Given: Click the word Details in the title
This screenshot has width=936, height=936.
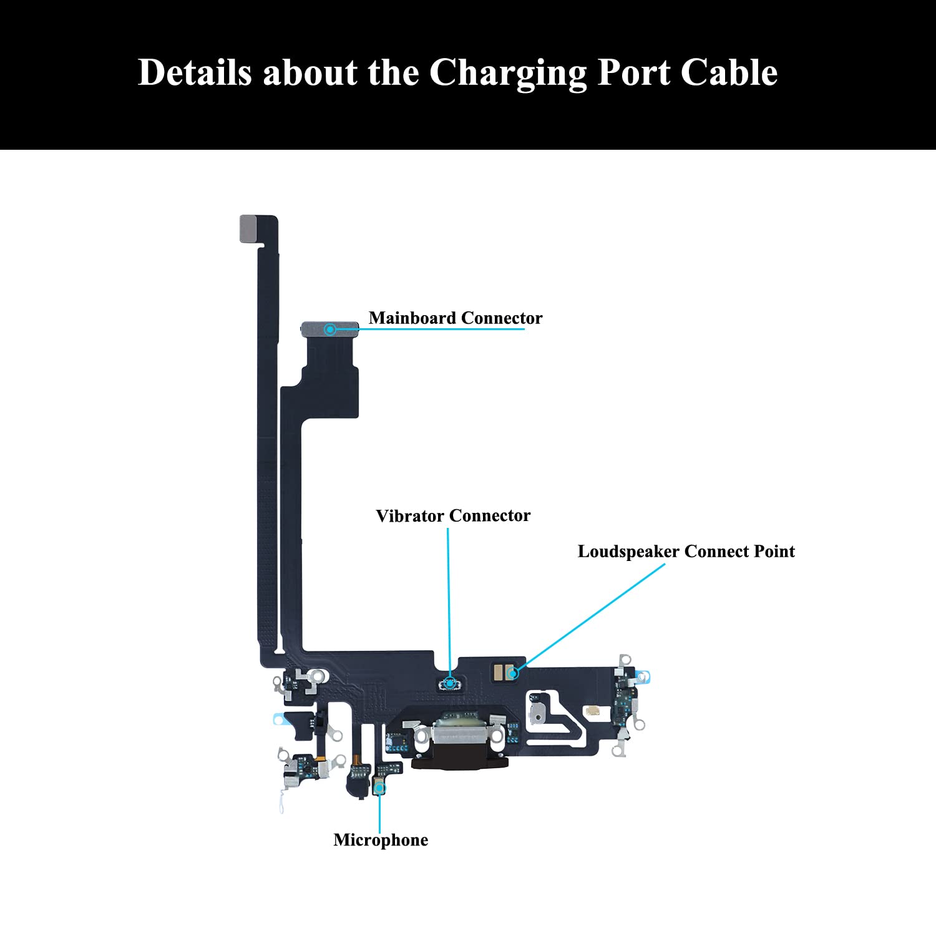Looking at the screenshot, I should point(194,72).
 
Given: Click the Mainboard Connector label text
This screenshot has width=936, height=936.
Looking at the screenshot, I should point(456,318).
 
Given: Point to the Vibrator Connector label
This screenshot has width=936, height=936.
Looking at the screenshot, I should point(453,516).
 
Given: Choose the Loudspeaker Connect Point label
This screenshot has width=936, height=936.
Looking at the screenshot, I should point(686,552).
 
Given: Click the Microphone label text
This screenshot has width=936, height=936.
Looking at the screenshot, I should point(381,840).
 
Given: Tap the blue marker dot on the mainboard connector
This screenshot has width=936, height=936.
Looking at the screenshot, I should point(330,329).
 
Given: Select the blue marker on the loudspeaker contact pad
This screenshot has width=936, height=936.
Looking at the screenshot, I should point(513,673).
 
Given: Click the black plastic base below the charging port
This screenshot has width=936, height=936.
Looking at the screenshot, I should point(460,762).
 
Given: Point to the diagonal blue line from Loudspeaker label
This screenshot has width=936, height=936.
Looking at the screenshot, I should point(593,615).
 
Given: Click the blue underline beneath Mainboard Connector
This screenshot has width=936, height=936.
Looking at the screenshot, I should point(443,329).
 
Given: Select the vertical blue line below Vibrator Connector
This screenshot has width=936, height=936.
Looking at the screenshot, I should point(448,599).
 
